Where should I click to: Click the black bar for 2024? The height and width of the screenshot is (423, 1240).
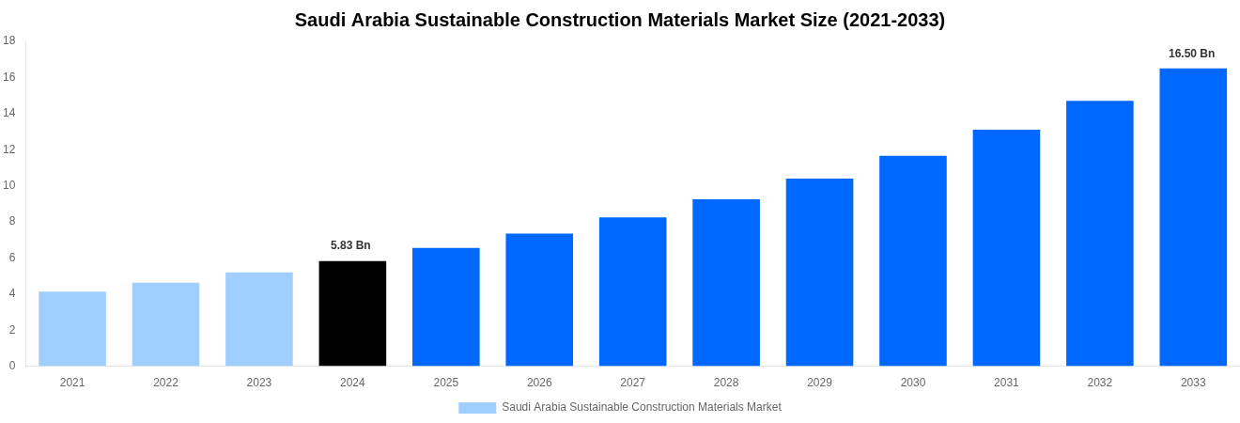tap(352, 313)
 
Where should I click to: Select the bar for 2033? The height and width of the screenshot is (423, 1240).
tap(1193, 217)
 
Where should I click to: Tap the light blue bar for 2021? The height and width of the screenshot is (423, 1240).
tap(72, 328)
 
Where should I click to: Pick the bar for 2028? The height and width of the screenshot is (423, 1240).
tap(726, 282)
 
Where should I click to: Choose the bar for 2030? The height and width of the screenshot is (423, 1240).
tap(913, 260)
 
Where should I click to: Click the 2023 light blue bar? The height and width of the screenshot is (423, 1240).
tap(259, 319)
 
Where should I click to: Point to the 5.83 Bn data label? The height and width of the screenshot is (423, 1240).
tap(350, 245)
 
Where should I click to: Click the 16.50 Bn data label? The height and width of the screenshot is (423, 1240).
tap(1191, 54)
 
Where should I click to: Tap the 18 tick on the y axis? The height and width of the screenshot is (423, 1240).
tap(9, 40)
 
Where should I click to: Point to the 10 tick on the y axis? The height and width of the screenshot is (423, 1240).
tap(9, 185)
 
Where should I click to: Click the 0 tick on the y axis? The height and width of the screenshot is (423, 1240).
tap(12, 366)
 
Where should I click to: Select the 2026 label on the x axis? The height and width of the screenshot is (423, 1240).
tap(539, 383)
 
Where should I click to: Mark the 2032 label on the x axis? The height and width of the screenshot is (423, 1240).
tap(1100, 383)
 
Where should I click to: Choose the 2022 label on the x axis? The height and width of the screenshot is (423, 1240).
tap(165, 383)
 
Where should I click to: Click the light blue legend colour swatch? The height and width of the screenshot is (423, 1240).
tap(477, 408)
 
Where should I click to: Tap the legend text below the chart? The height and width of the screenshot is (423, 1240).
tap(642, 407)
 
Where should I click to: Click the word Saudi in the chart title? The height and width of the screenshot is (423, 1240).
tap(319, 20)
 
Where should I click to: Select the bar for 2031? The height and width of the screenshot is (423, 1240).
tap(1006, 247)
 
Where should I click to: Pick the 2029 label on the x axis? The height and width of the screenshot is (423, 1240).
tap(819, 383)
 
